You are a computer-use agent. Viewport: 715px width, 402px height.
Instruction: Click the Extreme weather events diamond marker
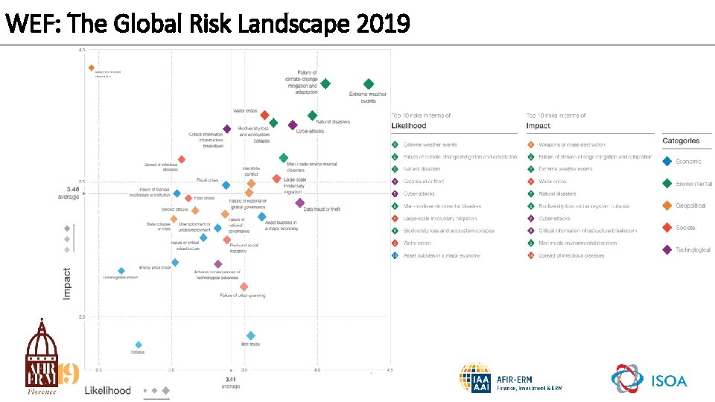[369, 84]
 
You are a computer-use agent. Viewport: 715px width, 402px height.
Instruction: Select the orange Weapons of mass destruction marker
[92, 68]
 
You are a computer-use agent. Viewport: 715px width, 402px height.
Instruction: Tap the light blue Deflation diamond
[139, 345]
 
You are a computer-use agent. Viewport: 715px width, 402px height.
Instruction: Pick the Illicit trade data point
[251, 336]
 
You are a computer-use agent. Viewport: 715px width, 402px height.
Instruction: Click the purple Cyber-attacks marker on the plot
[293, 125]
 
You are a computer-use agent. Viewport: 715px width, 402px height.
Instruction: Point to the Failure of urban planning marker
[244, 287]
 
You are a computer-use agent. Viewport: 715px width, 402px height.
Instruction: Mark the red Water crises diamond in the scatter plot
[264, 115]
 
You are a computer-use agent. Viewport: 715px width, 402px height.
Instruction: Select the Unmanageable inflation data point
[121, 271]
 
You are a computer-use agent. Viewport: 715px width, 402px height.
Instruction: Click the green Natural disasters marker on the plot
[313, 115]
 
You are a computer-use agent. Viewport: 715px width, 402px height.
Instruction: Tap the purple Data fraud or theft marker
[299, 202]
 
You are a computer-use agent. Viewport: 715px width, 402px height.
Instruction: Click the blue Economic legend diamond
[667, 161]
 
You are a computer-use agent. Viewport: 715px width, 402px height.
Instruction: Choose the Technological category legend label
[693, 250]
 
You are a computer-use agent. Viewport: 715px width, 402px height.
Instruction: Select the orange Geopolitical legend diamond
[667, 205]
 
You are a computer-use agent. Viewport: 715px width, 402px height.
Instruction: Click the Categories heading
[681, 141]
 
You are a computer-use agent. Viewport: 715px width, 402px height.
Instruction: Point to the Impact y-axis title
[67, 284]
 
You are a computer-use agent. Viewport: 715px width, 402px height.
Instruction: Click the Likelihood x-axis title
[108, 390]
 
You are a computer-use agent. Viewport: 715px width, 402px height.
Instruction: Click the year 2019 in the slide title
[383, 25]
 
